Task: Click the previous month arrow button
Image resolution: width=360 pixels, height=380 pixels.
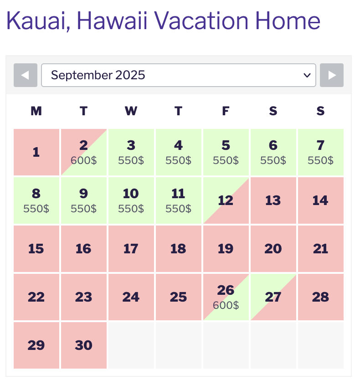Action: (x=26, y=75)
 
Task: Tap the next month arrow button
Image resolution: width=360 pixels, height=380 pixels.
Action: (x=332, y=75)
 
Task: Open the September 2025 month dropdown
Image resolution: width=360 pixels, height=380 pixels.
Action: (x=179, y=75)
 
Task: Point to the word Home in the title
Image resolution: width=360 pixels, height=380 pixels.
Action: (x=288, y=21)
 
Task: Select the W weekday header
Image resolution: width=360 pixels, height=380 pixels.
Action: (x=131, y=111)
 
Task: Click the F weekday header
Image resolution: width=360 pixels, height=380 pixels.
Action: (x=226, y=111)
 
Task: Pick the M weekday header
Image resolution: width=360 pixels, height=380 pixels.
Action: (x=36, y=111)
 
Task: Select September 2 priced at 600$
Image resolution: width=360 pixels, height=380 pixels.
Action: (x=84, y=152)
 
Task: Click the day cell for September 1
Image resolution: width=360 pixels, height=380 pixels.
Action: (x=36, y=152)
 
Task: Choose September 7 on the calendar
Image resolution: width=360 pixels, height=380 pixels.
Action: (x=321, y=152)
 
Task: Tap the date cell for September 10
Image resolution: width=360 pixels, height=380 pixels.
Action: (x=131, y=200)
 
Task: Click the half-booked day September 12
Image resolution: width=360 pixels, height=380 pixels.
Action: (x=226, y=200)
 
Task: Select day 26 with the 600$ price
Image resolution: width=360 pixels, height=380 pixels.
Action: (x=226, y=297)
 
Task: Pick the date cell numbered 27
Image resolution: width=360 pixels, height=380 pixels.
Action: (x=273, y=297)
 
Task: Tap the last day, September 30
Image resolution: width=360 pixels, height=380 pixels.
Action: (x=84, y=345)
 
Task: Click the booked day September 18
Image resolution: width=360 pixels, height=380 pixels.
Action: (x=179, y=249)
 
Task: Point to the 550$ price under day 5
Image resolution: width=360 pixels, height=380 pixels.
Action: (x=226, y=160)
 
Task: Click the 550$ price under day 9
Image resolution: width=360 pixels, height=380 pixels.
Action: (x=84, y=209)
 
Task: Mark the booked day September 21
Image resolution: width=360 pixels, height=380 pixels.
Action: (x=321, y=249)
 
